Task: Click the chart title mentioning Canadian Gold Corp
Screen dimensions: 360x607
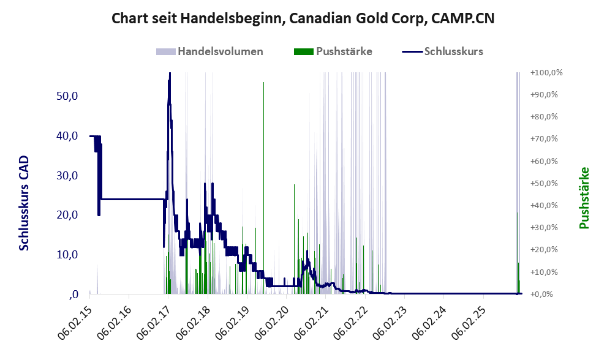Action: [303, 18]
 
